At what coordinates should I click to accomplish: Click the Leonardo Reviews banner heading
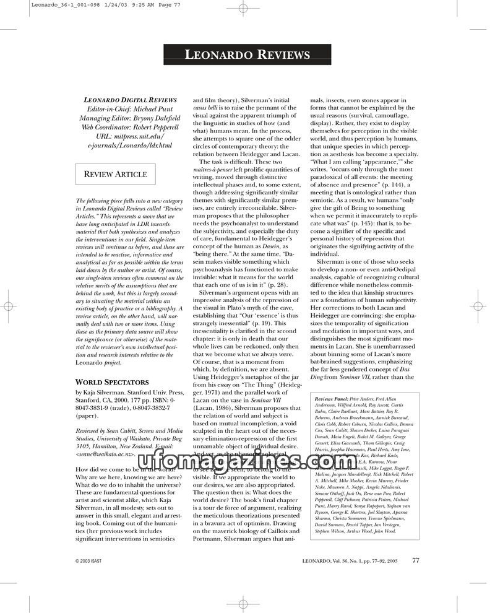247,55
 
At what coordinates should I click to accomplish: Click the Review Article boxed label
115,174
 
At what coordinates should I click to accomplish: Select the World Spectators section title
112,382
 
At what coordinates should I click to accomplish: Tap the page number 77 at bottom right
416,560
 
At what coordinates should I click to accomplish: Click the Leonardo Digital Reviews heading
130,100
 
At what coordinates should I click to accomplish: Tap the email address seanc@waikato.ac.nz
113,454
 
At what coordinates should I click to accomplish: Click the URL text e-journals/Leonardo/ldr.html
130,146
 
